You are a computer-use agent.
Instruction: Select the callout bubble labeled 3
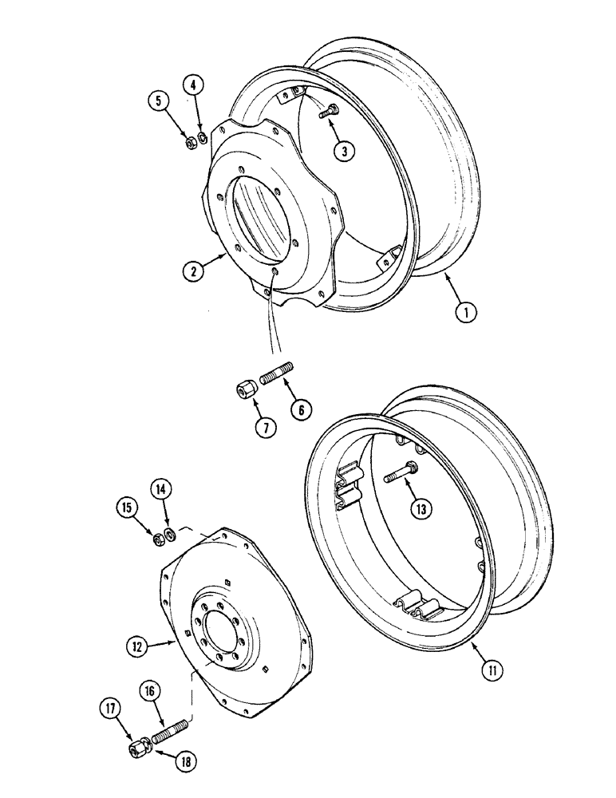pos(344,152)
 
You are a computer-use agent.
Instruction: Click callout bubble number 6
pos(302,410)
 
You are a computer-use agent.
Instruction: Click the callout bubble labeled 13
pos(423,508)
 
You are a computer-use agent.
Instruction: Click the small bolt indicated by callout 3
pos(327,114)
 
